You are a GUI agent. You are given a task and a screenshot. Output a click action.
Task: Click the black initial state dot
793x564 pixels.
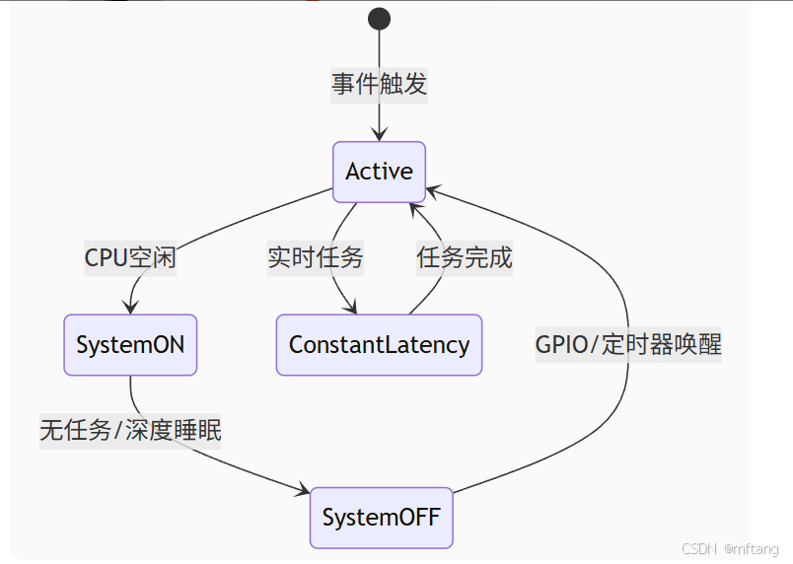(x=379, y=19)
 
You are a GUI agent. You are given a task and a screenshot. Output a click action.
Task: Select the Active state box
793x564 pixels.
(x=379, y=172)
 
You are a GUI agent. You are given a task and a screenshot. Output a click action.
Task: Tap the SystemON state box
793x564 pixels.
(x=130, y=345)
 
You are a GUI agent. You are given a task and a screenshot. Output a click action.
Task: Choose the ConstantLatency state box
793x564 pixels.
(x=379, y=345)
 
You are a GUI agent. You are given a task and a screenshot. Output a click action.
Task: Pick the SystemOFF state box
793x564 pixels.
(x=381, y=518)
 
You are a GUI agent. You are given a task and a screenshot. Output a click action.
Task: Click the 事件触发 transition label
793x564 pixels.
(x=379, y=85)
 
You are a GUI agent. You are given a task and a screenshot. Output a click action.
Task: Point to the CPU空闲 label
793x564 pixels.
(x=130, y=258)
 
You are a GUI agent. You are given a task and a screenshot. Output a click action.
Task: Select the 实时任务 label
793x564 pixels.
(x=316, y=258)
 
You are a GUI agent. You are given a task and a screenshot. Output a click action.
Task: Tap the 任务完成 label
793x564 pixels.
(x=465, y=258)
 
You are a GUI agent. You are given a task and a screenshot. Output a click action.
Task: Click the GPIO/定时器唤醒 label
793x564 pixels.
(x=628, y=345)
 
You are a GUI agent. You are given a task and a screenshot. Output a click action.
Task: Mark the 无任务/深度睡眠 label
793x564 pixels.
(x=130, y=431)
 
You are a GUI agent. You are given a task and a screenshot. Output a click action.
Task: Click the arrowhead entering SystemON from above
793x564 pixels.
(x=130, y=308)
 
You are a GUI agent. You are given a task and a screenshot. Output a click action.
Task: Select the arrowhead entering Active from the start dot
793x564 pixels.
(x=379, y=135)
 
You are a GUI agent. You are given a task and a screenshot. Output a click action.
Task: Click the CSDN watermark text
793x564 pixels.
(x=698, y=549)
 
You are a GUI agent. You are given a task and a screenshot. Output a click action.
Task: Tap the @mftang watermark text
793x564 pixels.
(x=752, y=549)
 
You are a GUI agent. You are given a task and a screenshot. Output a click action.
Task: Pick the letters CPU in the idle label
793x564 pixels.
(x=104, y=258)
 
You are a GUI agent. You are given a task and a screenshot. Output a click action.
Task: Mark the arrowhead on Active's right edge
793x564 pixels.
(x=432, y=188)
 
